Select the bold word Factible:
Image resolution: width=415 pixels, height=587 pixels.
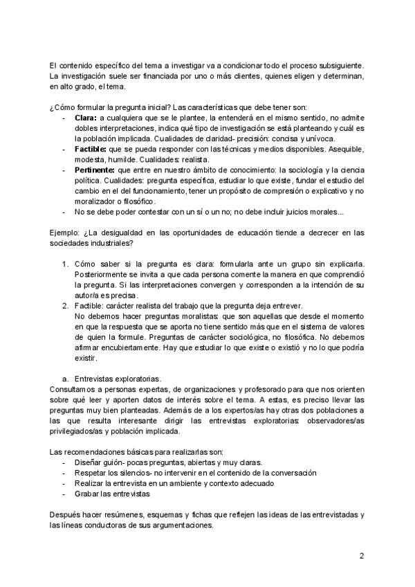90,148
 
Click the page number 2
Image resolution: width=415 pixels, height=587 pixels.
362,556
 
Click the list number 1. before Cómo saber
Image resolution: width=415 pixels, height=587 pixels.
66,266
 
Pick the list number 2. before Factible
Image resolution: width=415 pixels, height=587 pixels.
66,305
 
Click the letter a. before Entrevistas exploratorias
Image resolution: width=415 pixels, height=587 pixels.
64,379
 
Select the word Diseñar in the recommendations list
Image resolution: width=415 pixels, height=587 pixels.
88,462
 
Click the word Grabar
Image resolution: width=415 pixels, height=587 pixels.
87,494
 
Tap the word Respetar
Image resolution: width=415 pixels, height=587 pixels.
91,473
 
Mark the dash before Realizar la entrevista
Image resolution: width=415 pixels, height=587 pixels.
64,484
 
